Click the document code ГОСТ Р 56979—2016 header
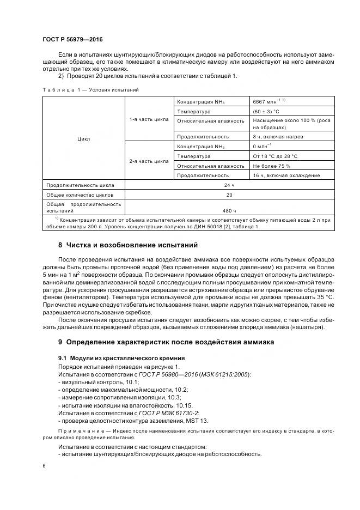pos(72,39)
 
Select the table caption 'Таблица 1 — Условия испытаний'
pos(90,89)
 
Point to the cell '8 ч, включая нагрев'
pos(278,137)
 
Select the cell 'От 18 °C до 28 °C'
pos(275,156)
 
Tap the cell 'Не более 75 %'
pos(272,165)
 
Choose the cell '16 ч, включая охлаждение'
pos(286,175)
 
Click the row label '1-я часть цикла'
pos(149,119)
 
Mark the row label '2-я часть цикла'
pos(149,161)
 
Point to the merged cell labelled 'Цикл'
pos(84,139)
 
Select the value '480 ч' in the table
pos(229,210)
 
